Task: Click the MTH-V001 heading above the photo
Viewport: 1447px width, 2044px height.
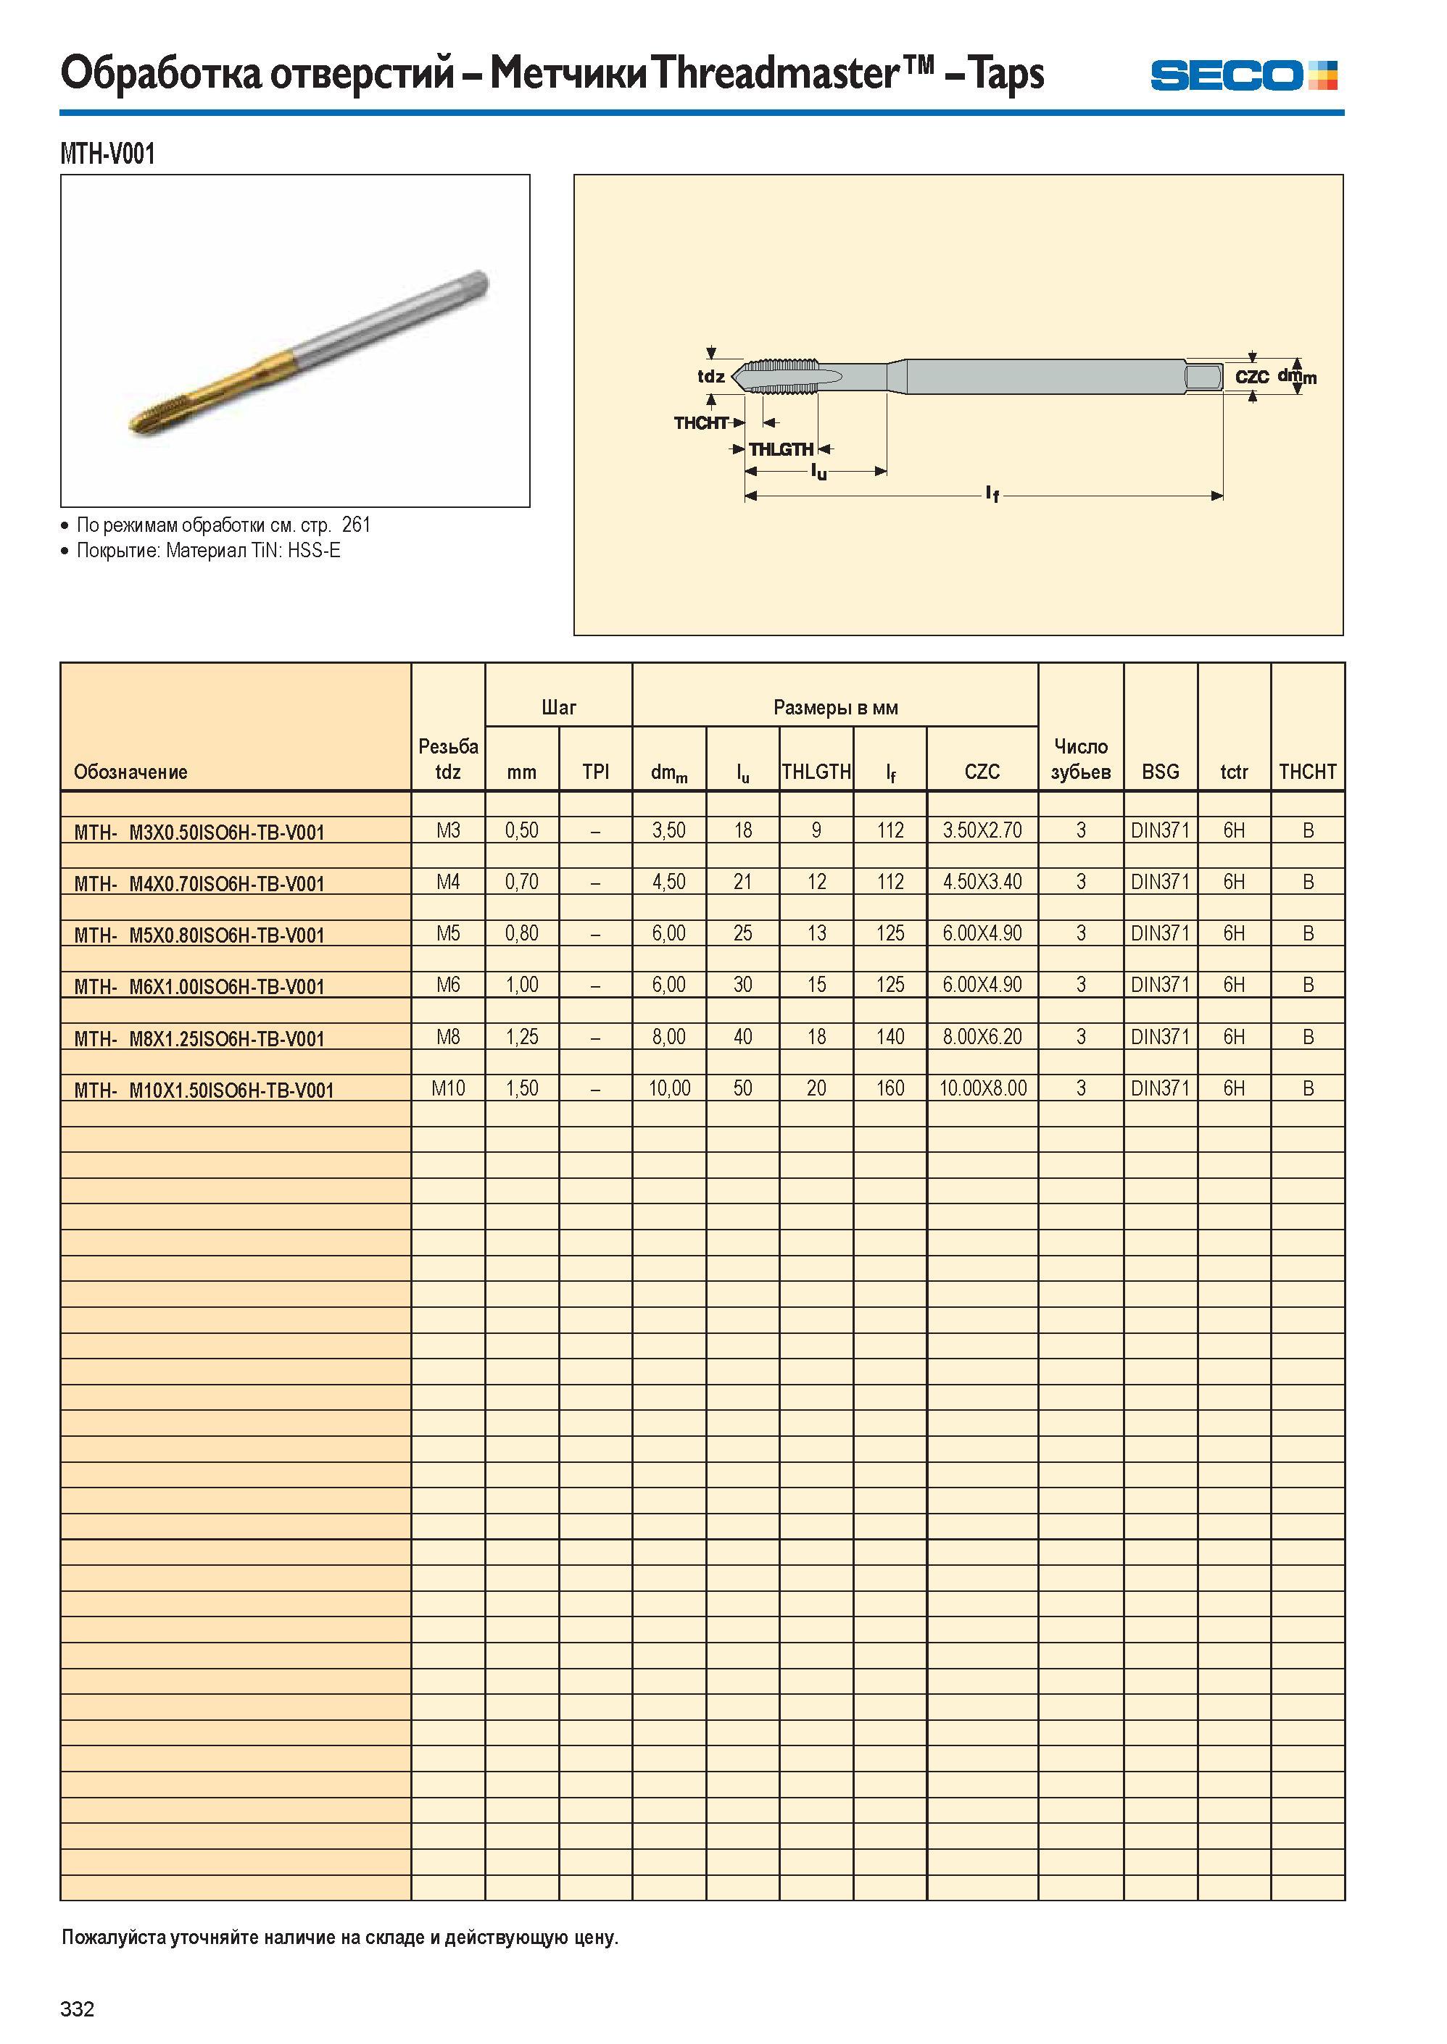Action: pos(108,154)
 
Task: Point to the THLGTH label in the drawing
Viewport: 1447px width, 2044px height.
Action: pos(781,450)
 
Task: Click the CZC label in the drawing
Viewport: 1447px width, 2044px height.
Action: pos(1252,377)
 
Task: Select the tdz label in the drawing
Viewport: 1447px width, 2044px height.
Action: pos(710,376)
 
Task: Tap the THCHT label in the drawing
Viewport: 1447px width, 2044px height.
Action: pos(701,422)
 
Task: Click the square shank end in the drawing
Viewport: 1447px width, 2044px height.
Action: pos(1203,377)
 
